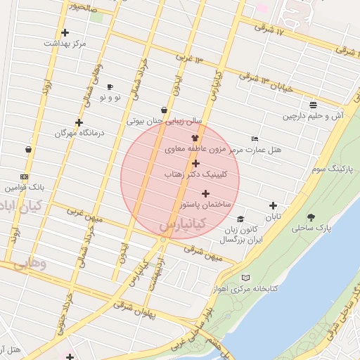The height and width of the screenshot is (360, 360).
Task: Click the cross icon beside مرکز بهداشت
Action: coord(65,32)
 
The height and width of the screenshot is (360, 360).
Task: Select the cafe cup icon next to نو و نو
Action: coord(110,86)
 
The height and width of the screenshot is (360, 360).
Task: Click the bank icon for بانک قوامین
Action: coord(25,176)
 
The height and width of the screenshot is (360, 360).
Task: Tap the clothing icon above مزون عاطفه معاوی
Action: coord(195,139)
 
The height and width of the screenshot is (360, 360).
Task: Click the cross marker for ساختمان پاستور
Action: coord(205,193)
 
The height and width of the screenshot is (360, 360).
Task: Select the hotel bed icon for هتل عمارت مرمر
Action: coord(255,139)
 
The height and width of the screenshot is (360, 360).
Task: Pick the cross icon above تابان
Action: coord(273,206)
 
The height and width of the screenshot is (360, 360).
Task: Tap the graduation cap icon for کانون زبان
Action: coord(240,219)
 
